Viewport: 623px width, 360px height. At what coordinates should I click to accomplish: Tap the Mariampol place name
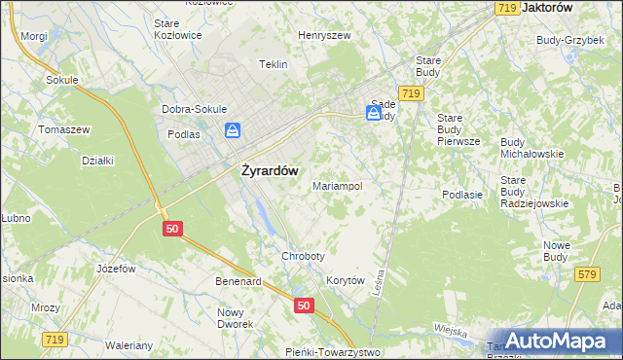point(338,185)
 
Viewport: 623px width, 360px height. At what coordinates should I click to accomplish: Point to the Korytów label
point(345,280)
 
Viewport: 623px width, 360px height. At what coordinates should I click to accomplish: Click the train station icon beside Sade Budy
point(373,113)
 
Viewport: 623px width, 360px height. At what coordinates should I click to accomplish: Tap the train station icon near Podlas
point(233,130)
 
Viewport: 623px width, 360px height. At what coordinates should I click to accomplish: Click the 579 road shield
point(585,275)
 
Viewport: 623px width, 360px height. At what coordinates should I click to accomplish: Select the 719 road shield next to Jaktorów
point(505,8)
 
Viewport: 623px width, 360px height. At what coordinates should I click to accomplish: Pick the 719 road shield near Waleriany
point(55,339)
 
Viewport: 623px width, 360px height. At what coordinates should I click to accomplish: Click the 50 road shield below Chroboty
point(304,306)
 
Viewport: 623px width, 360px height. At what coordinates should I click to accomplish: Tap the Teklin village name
point(274,64)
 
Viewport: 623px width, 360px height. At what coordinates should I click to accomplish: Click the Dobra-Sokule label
point(195,109)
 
